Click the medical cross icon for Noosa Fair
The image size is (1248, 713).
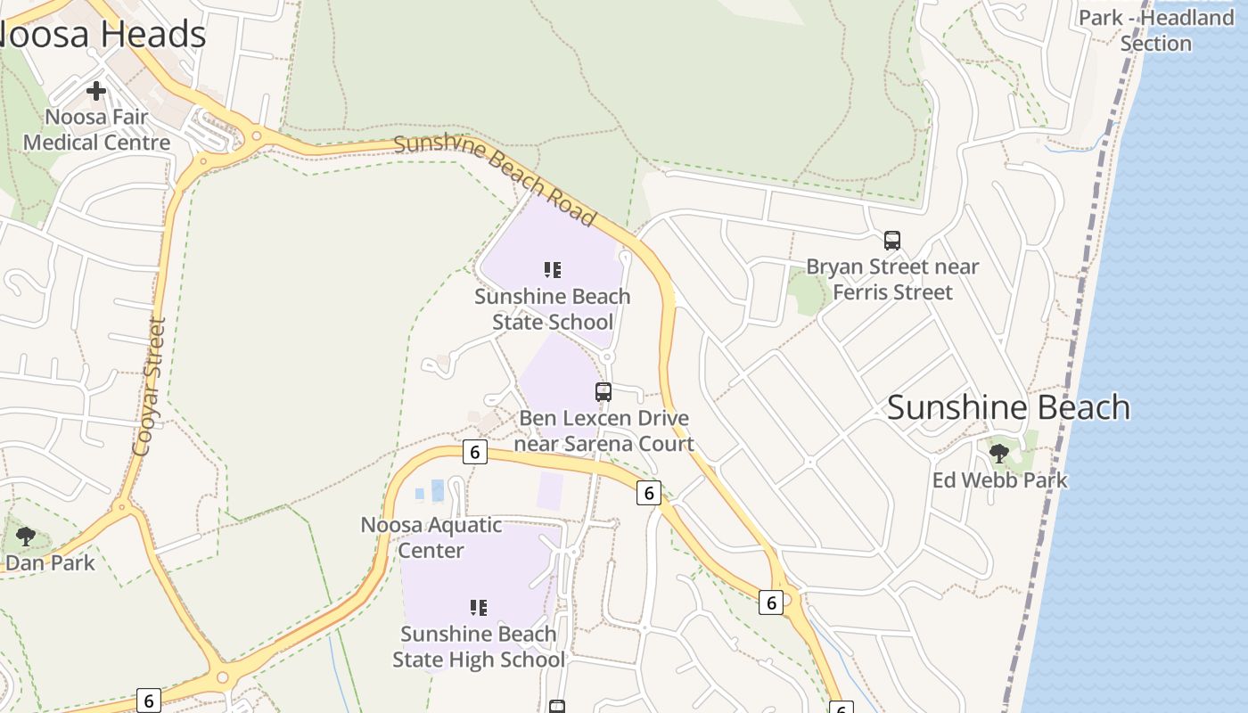coord(96,90)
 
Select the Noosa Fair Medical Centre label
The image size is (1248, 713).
coord(96,130)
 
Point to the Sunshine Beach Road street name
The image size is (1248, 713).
coord(495,179)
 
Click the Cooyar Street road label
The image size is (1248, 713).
coord(149,387)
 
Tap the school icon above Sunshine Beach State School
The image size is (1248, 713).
coord(553,269)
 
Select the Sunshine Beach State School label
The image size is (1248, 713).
coord(553,309)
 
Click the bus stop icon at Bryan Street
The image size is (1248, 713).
coord(891,240)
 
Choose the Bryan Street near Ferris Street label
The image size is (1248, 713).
coord(892,280)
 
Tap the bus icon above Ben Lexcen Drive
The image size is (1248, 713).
coord(603,391)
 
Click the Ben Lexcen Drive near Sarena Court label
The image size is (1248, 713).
coord(604,431)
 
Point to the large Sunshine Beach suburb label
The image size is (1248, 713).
coord(1008,407)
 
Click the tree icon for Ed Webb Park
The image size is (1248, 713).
coord(999,453)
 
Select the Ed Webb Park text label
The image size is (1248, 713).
coord(999,480)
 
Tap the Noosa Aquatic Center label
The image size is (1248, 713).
coord(431,537)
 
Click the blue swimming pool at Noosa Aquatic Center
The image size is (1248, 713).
coord(437,490)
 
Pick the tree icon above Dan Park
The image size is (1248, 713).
coord(26,536)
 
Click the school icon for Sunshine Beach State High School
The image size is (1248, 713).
coord(479,608)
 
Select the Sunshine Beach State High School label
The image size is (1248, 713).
coord(479,647)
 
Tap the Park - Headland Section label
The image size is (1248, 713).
coord(1156,30)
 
